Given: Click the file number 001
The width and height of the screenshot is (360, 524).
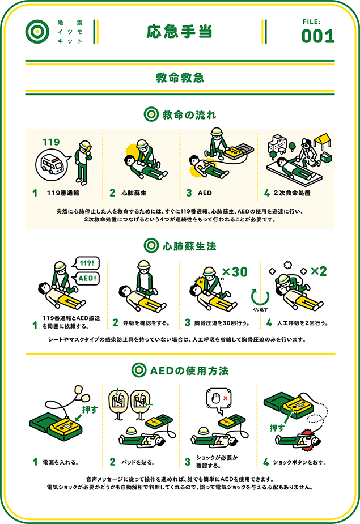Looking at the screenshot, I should [x=317, y=36].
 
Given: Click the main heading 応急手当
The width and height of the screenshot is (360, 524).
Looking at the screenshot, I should [x=180, y=31].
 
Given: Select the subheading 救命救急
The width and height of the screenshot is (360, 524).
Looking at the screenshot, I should [x=180, y=78].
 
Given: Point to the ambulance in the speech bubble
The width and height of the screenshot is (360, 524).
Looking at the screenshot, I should [x=52, y=164].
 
